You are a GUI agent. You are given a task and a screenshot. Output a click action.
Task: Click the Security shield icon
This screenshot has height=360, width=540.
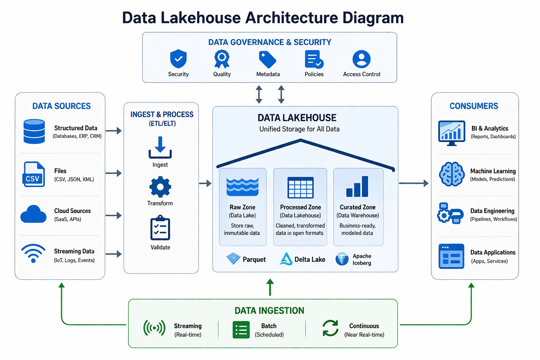pyautogui.click(x=178, y=59)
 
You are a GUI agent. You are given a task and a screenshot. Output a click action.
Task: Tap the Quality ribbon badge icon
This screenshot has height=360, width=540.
pyautogui.click(x=222, y=59)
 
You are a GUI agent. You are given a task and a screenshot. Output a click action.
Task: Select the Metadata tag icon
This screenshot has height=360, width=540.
pyautogui.click(x=268, y=59)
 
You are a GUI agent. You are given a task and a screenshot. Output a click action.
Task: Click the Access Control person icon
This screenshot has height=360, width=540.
pyautogui.click(x=361, y=59)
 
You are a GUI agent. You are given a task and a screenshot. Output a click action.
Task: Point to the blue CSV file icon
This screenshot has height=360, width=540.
pyautogui.click(x=33, y=174)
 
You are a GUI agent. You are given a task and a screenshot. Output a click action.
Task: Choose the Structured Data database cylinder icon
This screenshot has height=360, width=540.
pyautogui.click(x=34, y=131)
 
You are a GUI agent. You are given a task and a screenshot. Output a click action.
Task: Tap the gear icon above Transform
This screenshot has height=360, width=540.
pyautogui.click(x=160, y=187)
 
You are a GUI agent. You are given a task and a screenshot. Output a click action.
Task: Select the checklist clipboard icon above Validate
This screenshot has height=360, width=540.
pyautogui.click(x=160, y=229)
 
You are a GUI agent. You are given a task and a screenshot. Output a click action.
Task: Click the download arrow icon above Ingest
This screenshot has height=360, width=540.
pyautogui.click(x=160, y=148)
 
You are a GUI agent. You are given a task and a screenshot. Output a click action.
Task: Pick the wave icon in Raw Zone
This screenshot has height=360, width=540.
pyautogui.click(x=243, y=187)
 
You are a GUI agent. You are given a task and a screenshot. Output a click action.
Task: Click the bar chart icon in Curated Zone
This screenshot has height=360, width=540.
pyautogui.click(x=357, y=187)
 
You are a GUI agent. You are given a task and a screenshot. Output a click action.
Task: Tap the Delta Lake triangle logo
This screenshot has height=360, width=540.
pyautogui.click(x=286, y=259)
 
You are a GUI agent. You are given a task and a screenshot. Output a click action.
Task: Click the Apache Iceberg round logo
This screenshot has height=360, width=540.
pyautogui.click(x=342, y=259)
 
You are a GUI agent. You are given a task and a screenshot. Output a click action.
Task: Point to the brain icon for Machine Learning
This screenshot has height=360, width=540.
pyautogui.click(x=452, y=174)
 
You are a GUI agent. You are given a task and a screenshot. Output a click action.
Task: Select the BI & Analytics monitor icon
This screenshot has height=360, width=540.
pyautogui.click(x=452, y=133)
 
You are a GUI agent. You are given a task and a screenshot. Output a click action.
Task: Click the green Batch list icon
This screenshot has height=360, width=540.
pyautogui.click(x=241, y=330)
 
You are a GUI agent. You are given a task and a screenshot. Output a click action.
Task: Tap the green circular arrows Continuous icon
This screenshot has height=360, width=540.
pyautogui.click(x=330, y=328)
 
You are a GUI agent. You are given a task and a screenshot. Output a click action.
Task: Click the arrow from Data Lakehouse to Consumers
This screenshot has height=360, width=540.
pyautogui.click(x=413, y=183)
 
